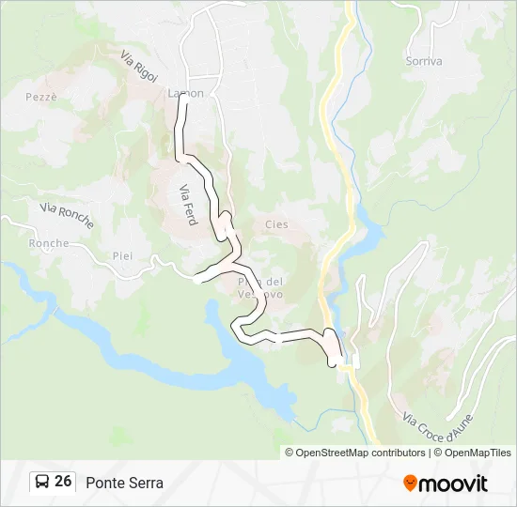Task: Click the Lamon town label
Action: pos(185,93)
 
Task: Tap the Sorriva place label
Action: pos(423,61)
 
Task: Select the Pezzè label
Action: pos(42,97)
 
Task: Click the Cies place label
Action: pos(276,224)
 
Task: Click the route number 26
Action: pos(63,482)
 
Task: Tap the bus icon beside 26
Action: pos(42,482)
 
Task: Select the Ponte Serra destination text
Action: pos(124,483)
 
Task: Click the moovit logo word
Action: pos(455,484)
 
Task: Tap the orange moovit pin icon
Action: pos(410,484)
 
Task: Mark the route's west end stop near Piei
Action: pos(196,278)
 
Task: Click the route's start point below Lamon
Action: pos(183,106)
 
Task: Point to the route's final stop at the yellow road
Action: pos(336,362)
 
